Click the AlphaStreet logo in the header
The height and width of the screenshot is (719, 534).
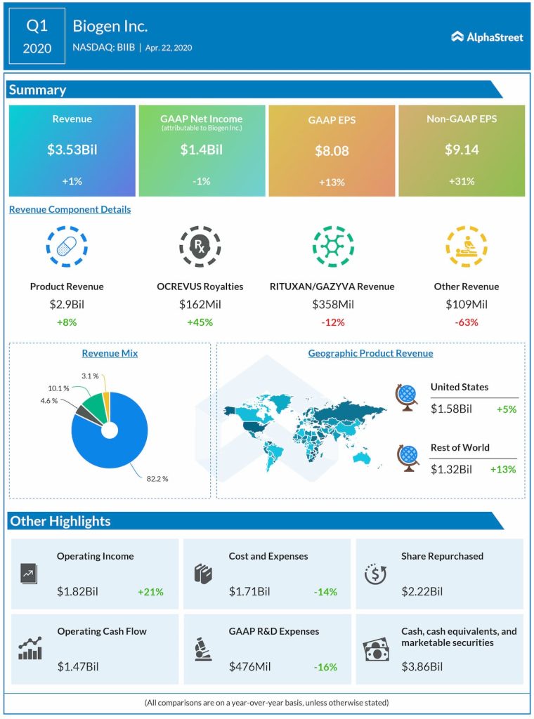pyautogui.click(x=487, y=37)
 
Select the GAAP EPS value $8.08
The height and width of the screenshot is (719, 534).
pyautogui.click(x=332, y=151)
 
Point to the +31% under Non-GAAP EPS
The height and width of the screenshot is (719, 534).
pyautogui.click(x=462, y=181)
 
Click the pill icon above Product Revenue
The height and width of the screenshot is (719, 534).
pyautogui.click(x=67, y=246)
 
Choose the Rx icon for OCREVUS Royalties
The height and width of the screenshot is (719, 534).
pyautogui.click(x=200, y=246)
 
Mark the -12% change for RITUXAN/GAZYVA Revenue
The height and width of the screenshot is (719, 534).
pyautogui.click(x=332, y=322)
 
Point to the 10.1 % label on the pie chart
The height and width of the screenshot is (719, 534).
pyautogui.click(x=58, y=388)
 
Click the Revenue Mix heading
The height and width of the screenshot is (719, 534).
pyautogui.click(x=110, y=353)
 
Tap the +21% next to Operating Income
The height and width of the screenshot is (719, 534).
pyautogui.click(x=150, y=592)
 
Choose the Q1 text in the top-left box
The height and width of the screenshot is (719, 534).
pyautogui.click(x=37, y=26)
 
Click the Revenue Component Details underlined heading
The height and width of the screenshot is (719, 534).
pyautogui.click(x=70, y=209)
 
